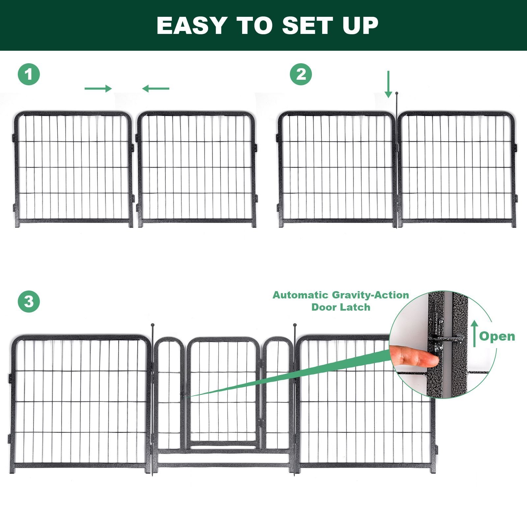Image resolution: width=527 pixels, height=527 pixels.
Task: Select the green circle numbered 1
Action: coord(29,74)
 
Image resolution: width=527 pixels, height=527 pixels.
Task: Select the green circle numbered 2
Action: coord(301,74)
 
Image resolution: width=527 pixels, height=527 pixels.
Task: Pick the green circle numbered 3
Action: coord(29,302)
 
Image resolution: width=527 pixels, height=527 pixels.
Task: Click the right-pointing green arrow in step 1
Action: coord(98,88)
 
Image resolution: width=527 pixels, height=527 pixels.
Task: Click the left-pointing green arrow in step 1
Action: coord(156,88)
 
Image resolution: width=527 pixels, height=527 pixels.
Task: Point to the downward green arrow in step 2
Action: coord(389,84)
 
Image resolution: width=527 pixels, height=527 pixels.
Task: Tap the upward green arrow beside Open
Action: coord(474,334)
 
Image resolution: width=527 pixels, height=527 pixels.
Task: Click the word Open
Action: coord(497,336)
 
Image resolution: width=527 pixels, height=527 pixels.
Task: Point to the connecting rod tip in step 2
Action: coord(397,94)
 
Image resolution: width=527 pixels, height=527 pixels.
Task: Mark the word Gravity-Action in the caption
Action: coord(370,295)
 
